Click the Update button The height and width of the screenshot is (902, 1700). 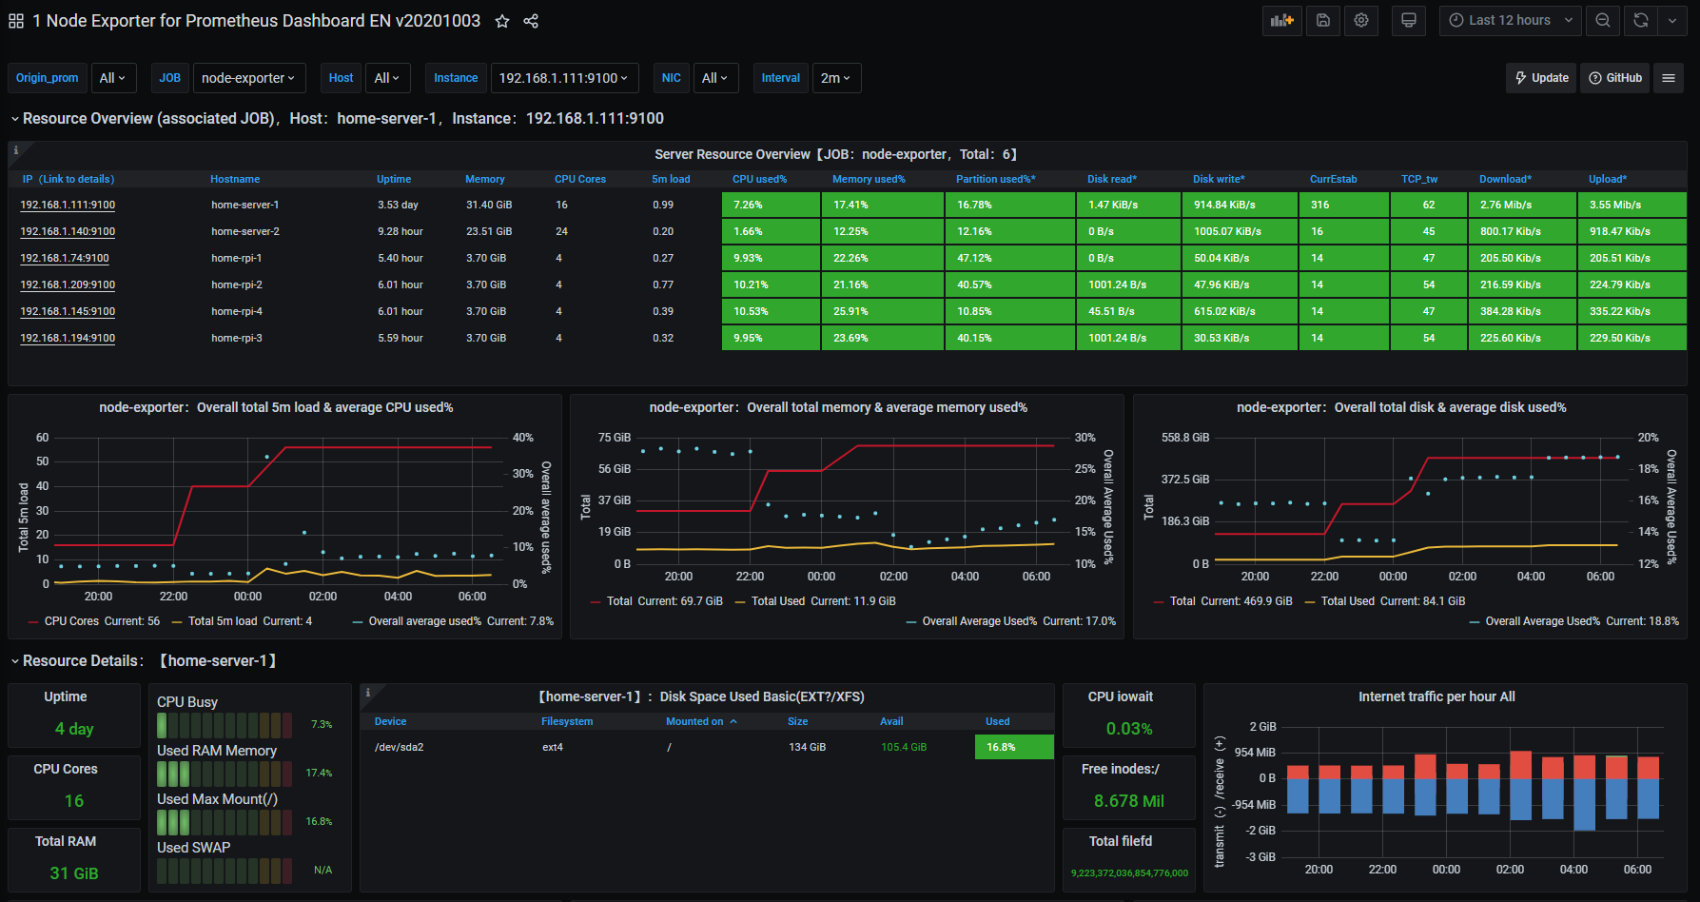pyautogui.click(x=1541, y=78)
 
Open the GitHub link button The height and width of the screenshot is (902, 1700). pyautogui.click(x=1615, y=78)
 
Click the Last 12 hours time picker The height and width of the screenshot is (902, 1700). pyautogui.click(x=1510, y=20)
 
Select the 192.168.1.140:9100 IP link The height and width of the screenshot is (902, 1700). pyautogui.click(x=68, y=231)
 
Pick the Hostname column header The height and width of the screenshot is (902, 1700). pyautogui.click(x=235, y=179)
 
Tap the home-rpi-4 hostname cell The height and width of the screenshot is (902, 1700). pyautogui.click(x=237, y=311)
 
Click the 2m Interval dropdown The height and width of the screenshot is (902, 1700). pyautogui.click(x=835, y=78)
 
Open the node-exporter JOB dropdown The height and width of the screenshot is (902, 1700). pyautogui.click(x=248, y=78)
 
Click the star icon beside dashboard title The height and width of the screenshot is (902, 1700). pyautogui.click(x=502, y=21)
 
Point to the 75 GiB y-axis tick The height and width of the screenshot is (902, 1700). pyautogui.click(x=615, y=438)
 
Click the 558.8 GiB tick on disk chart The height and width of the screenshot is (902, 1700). pyautogui.click(x=1184, y=438)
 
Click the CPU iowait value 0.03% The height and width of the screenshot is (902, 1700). pyautogui.click(x=1129, y=729)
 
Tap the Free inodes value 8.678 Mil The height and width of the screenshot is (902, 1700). pyautogui.click(x=1129, y=801)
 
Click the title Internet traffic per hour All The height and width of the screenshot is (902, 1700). pyautogui.click(x=1436, y=696)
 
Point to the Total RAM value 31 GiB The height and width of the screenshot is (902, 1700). pyautogui.click(x=74, y=873)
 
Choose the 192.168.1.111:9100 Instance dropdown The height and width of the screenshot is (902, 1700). pyautogui.click(x=563, y=78)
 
